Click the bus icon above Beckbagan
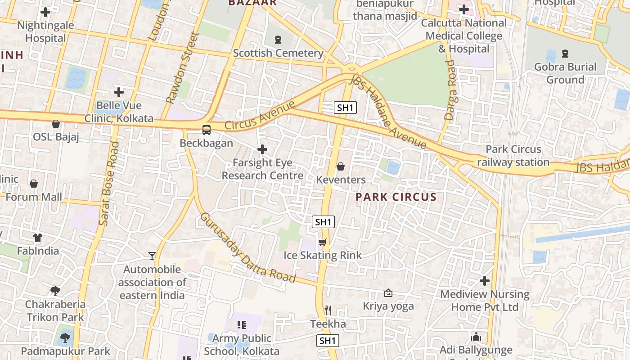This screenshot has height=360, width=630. [x=206, y=130]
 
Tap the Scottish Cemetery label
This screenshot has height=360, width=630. [x=278, y=53]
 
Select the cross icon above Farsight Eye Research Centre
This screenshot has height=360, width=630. [x=262, y=149]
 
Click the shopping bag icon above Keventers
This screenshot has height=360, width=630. [x=341, y=167]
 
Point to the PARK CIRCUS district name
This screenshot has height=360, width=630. [x=396, y=197]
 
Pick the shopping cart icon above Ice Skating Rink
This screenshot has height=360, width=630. [x=322, y=243]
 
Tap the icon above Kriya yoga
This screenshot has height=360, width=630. [x=388, y=293]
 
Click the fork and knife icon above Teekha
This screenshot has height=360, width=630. [x=328, y=310]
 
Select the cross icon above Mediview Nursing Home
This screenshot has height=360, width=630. [x=484, y=281]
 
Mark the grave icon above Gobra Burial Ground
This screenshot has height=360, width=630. [x=565, y=54]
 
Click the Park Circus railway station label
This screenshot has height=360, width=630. [x=513, y=156]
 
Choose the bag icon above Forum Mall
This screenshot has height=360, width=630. [x=34, y=184]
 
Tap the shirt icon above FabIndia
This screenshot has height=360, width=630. [x=38, y=237]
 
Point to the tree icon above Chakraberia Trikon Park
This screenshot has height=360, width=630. [x=55, y=291]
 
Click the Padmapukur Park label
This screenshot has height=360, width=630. [x=65, y=351]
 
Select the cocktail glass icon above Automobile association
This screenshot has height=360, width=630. [x=152, y=256]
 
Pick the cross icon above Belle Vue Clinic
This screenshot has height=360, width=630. [x=119, y=92]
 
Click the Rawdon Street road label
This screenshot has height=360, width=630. [x=182, y=67]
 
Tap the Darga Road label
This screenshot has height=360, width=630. [x=450, y=90]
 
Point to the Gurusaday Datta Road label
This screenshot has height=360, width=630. [x=247, y=247]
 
